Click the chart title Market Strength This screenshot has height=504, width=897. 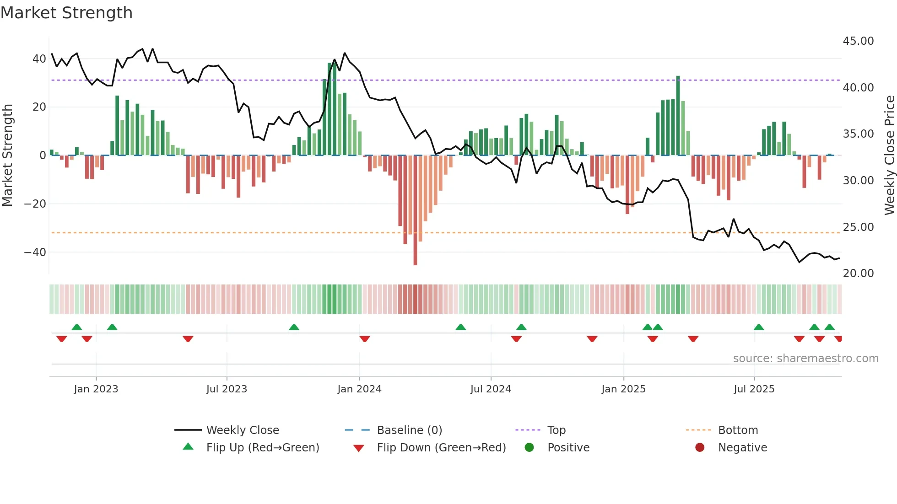pyautogui.click(x=66, y=13)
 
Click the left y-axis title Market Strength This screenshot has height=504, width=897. pyautogui.click(x=8, y=155)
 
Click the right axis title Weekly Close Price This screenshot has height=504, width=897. pyautogui.click(x=889, y=155)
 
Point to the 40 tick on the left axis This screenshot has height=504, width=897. pyautogui.click(x=39, y=59)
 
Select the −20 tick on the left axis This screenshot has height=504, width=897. pyautogui.click(x=35, y=204)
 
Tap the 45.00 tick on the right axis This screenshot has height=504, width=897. pyautogui.click(x=858, y=41)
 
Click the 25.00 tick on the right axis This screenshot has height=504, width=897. pyautogui.click(x=858, y=227)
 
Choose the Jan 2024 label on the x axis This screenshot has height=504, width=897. pyautogui.click(x=359, y=389)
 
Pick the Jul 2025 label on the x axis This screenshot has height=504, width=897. pyautogui.click(x=754, y=389)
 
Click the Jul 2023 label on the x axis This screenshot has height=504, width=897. pyautogui.click(x=227, y=389)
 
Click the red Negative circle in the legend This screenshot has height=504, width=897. pyautogui.click(x=700, y=447)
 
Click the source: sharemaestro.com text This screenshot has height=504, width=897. pyautogui.click(x=805, y=359)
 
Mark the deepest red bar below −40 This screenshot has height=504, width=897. pyautogui.click(x=415, y=210)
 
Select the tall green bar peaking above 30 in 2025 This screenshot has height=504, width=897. pyautogui.click(x=678, y=116)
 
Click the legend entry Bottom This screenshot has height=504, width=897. pyautogui.click(x=738, y=430)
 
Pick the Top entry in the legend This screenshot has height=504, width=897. pyautogui.click(x=556, y=430)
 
